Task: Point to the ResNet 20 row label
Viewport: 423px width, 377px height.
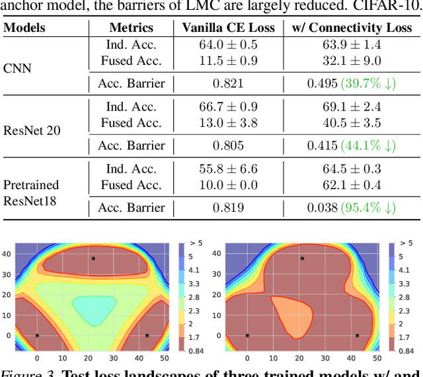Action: pos(32,130)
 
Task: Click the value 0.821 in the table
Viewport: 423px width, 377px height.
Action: pos(228,83)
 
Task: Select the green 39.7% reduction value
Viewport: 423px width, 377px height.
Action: pos(368,83)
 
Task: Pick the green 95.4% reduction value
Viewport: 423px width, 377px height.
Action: pos(368,208)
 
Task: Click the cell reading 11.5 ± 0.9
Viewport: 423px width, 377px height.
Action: pos(228,60)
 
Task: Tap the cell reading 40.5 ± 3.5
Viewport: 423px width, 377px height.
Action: pos(351,122)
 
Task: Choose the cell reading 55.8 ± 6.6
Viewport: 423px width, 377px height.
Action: pos(228,169)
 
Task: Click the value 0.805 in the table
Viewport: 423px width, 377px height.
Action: pos(228,146)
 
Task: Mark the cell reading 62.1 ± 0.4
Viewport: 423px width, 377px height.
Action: pos(351,185)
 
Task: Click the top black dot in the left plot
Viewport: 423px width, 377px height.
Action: pos(93,258)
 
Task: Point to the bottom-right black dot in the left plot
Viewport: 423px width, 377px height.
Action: pos(147,335)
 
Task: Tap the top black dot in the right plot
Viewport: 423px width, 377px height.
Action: pos(302,258)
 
